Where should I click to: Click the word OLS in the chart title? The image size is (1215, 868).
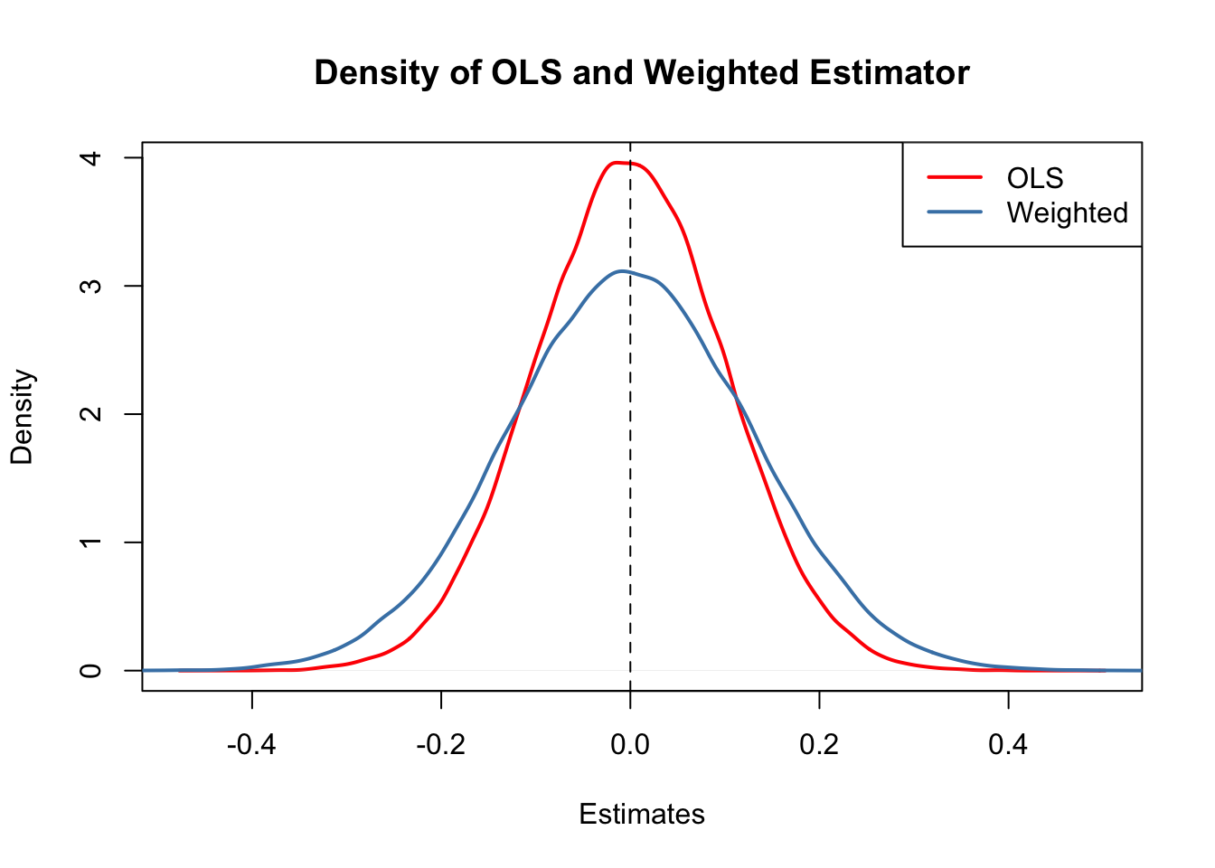point(525,72)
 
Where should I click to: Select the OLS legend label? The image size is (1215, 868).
point(1035,178)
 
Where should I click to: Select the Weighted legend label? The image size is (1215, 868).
point(1067,212)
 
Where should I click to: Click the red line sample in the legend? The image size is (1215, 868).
point(955,178)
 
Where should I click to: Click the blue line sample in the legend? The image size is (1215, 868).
point(955,212)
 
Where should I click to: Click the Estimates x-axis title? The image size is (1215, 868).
point(642,814)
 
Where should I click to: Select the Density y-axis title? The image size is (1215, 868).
point(22,416)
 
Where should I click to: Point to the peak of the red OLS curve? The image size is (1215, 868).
point(620,163)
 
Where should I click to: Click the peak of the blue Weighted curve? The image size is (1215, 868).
point(622,270)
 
